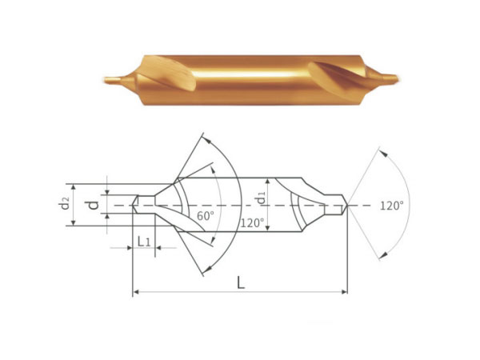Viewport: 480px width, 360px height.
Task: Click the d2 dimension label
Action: (x=65, y=203)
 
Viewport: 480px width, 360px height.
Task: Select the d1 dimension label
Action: (x=261, y=199)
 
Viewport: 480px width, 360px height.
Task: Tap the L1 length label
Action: (x=143, y=242)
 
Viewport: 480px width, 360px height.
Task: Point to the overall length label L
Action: (x=241, y=282)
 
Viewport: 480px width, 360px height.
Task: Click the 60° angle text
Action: (x=205, y=216)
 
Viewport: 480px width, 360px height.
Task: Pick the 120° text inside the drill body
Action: (x=252, y=223)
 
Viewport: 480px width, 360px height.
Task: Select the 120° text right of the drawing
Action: (x=391, y=206)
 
